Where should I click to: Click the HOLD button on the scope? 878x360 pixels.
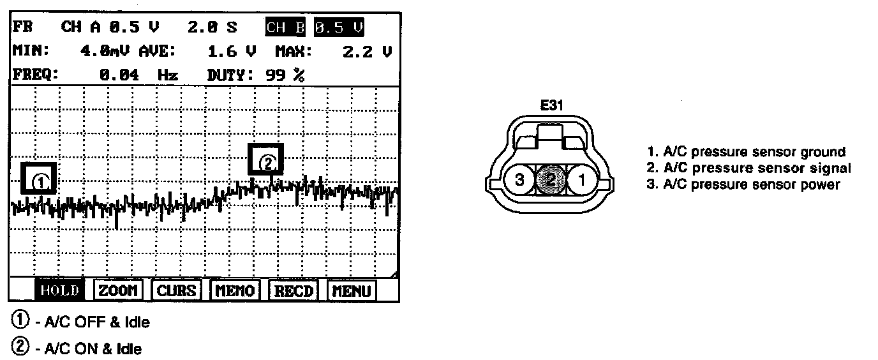point(58,290)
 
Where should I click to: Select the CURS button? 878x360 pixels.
point(175,290)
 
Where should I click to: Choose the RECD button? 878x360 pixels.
point(294,290)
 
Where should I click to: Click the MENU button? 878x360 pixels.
point(352,290)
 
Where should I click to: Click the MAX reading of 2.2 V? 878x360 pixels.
point(367,52)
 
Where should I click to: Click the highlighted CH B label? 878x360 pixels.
point(286,28)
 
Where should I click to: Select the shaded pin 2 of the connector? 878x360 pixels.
point(550,180)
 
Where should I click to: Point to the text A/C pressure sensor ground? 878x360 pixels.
point(746,152)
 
